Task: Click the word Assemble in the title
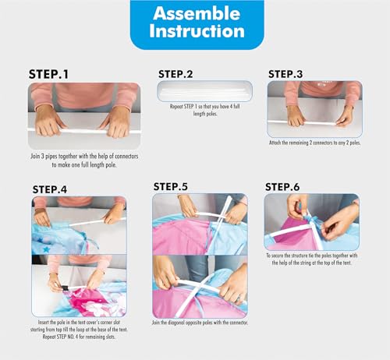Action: point(197,13)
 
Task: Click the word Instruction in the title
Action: point(197,31)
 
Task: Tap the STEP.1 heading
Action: point(48,74)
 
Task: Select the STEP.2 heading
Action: point(175,74)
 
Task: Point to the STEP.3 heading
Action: point(285,74)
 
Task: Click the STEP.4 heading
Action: point(50,189)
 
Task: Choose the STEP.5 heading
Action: point(171,187)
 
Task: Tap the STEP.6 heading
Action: point(282,187)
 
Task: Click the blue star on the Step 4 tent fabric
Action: point(46,249)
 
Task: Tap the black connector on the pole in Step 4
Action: point(65,288)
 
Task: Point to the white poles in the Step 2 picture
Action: point(204,91)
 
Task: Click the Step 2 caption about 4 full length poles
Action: point(205,110)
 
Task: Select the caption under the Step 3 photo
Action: point(314,143)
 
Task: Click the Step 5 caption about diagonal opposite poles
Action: point(200,323)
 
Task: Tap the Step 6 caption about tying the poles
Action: point(311,259)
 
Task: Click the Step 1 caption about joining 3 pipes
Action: point(84,161)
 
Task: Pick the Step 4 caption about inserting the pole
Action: point(79,330)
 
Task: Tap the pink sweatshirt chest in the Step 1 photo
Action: point(84,95)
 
